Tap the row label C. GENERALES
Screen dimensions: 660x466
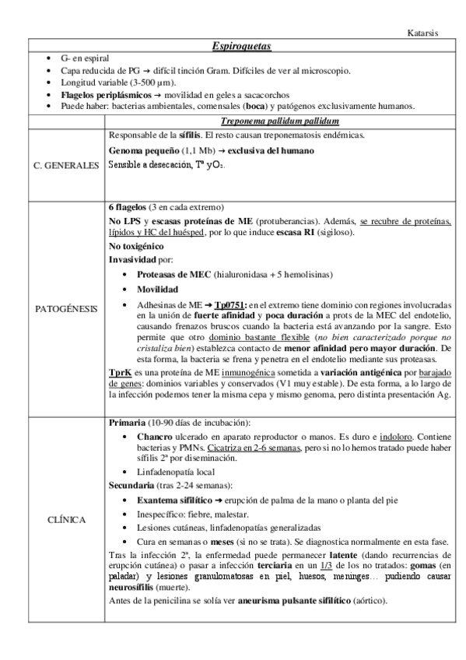coord(66,166)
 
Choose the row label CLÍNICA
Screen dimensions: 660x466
coord(66,519)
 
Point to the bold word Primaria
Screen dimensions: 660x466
coord(127,423)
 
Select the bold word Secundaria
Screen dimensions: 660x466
coord(132,485)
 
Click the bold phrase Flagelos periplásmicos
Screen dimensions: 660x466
coord(104,94)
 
